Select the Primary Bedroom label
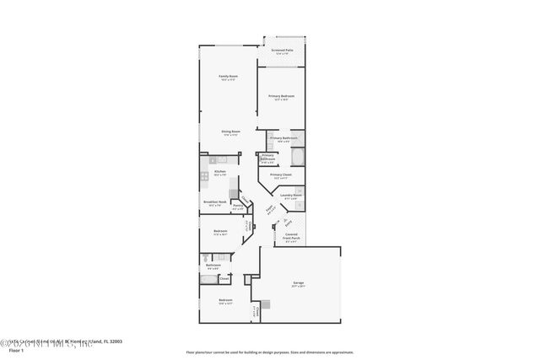pos(281,97)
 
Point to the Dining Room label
pos(231,132)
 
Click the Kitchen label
pos(219,172)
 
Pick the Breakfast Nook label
pos(213,201)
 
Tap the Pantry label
pos(239,207)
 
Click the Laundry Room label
pos(292,196)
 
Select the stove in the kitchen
pos(204,176)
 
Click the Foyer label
pos(270,210)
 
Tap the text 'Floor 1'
pos(15,349)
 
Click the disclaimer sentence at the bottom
pos(270,352)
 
